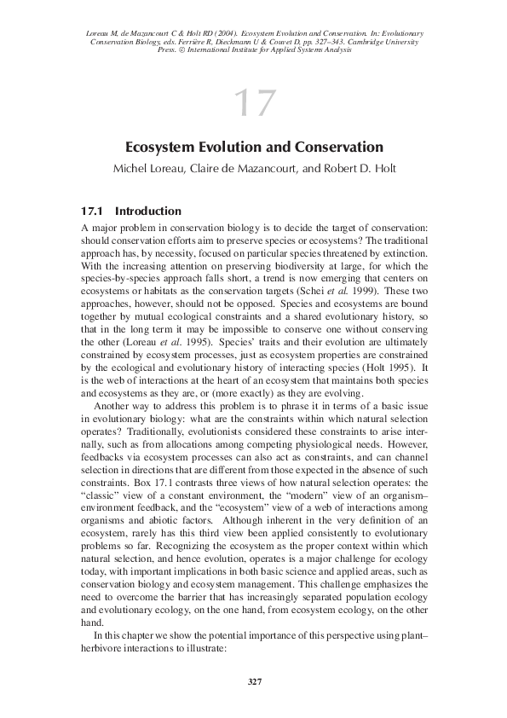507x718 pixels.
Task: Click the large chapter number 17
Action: pos(253,104)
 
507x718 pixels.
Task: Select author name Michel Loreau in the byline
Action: pos(148,169)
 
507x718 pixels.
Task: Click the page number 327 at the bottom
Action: pos(253,680)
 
